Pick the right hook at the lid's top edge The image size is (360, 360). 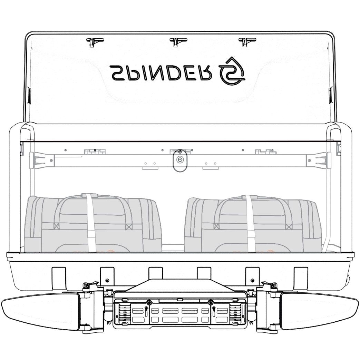coord(246,42)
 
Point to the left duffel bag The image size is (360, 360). coord(93,224)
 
